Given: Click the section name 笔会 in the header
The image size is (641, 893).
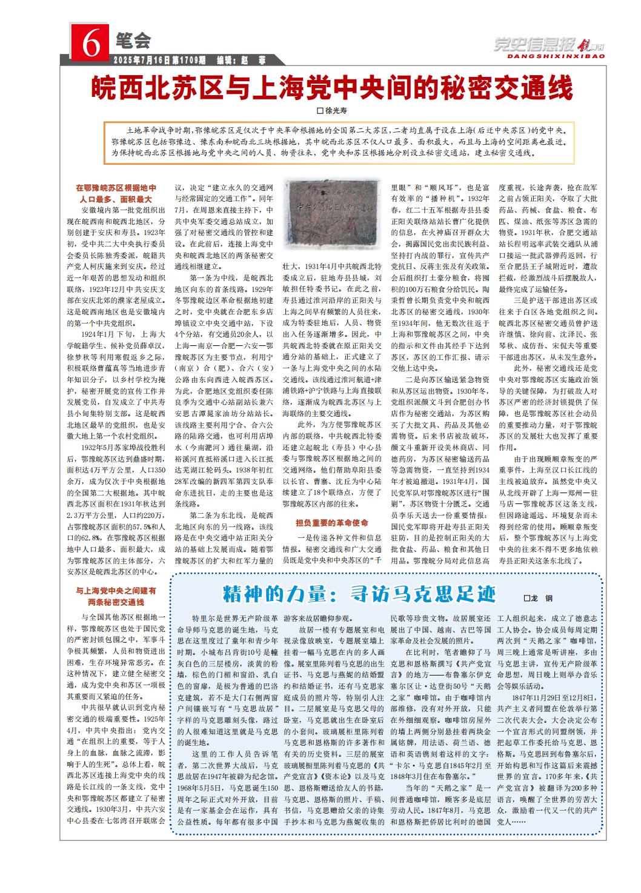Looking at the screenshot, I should pyautogui.click(x=131, y=41).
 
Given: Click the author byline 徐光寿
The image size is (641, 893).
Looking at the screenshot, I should pyautogui.click(x=336, y=111).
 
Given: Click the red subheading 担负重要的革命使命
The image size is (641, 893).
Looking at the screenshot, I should pyautogui.click(x=331, y=522).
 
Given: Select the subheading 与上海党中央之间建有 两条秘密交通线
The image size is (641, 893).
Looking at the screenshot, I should pyautogui.click(x=116, y=596).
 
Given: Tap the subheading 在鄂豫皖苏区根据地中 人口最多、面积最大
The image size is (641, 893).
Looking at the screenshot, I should pyautogui.click(x=116, y=193).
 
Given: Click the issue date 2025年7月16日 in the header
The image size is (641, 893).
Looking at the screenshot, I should pyautogui.click(x=142, y=60).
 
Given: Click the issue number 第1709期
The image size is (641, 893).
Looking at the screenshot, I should pyautogui.click(x=189, y=60).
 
